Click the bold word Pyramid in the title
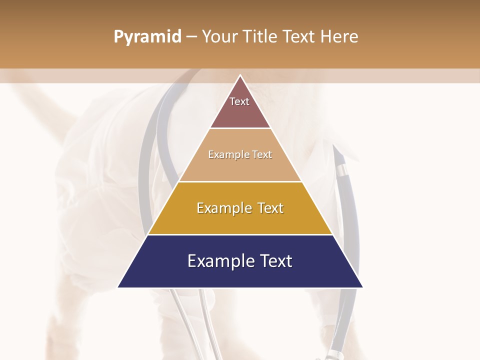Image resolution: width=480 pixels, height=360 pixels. click(147, 37)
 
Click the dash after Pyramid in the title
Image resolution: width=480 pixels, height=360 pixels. click(191, 37)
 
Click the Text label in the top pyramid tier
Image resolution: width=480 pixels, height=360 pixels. click(239, 101)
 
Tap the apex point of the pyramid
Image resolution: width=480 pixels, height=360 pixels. click(240, 75)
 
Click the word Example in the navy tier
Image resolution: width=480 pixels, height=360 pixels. click(217, 261)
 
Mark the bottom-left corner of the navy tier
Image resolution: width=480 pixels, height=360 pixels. click(118, 287)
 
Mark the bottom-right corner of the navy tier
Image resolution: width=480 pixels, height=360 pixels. click(362, 287)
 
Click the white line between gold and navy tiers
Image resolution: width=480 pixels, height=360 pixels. click(240, 234)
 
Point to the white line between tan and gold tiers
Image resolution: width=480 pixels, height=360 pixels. click(240, 181)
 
